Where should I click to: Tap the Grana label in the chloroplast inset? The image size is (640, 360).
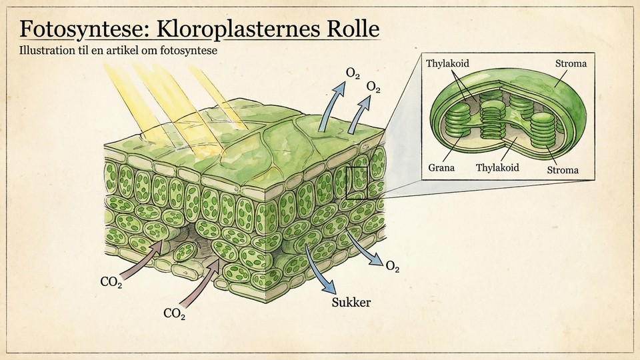point(442,168)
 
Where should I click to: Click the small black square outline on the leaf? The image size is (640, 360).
point(357,183)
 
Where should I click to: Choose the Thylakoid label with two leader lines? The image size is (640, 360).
point(447,63)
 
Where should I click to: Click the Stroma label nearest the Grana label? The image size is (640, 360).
point(562,171)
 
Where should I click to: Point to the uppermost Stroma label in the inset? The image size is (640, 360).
point(571,64)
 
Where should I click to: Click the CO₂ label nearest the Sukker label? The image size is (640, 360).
point(175,312)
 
